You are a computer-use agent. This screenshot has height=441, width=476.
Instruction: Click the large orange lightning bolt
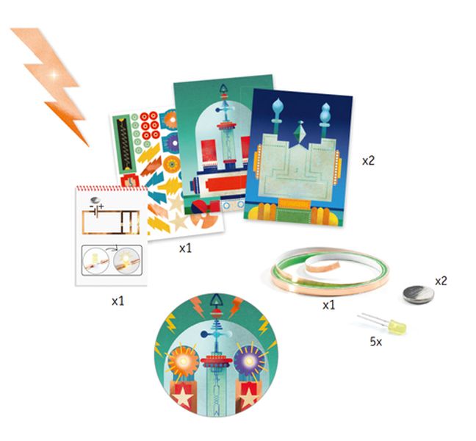click(51, 82)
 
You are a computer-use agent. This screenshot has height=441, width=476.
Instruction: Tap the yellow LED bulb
click(397, 327)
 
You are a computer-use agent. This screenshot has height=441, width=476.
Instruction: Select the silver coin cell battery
click(418, 295)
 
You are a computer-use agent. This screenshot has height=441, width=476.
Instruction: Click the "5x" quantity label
click(376, 342)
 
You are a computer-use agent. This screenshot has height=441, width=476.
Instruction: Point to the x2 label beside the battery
click(441, 282)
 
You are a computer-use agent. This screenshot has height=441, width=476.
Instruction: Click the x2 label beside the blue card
click(368, 161)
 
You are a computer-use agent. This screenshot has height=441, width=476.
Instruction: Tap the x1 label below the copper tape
click(329, 305)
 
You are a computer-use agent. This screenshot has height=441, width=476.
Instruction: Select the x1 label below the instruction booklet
click(118, 301)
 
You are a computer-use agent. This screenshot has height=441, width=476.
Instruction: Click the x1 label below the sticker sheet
click(186, 248)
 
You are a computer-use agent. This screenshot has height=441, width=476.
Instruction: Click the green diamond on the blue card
click(300, 132)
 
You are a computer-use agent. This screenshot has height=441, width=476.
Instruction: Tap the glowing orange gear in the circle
click(183, 361)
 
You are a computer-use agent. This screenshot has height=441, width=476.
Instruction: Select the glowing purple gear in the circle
click(249, 361)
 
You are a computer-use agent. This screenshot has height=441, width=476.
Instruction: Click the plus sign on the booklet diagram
click(101, 207)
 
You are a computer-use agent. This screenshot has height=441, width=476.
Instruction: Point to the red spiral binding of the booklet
click(112, 188)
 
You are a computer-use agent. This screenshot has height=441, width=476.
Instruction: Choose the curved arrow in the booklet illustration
click(112, 248)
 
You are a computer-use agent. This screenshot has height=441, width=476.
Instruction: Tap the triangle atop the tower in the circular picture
click(216, 299)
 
